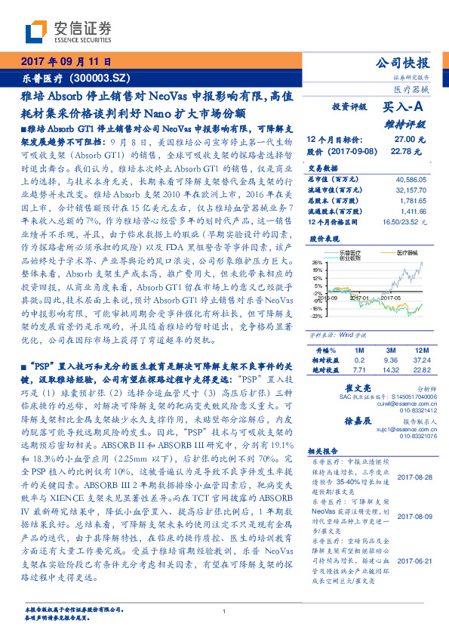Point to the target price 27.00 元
click(x=405, y=140)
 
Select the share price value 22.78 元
click(x=405, y=151)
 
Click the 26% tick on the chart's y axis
click(x=315, y=262)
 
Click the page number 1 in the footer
click(x=225, y=612)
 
